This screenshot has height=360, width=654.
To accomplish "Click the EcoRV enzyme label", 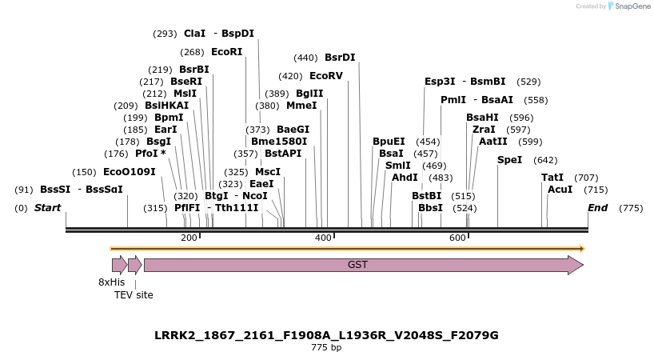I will [x=325, y=76].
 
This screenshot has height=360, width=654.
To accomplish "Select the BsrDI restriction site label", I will [x=340, y=58].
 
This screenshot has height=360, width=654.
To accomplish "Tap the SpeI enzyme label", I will [x=509, y=160].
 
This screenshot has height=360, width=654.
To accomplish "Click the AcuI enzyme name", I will [x=560, y=190].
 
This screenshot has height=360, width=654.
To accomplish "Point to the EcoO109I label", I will [x=130, y=172].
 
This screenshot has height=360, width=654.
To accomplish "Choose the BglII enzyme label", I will [x=309, y=94].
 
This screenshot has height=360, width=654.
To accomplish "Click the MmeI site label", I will [x=301, y=106].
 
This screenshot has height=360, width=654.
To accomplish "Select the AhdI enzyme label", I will [x=405, y=178].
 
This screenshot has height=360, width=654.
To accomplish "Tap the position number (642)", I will [x=545, y=160].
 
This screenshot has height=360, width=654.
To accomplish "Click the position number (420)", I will [x=290, y=76].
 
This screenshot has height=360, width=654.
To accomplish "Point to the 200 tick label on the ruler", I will [x=189, y=238].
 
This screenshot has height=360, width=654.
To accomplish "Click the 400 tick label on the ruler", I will [x=323, y=238].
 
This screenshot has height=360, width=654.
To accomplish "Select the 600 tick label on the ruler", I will [x=457, y=238].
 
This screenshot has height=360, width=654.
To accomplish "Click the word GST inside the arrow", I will [x=357, y=265].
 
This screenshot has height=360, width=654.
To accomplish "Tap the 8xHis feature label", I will [x=112, y=282].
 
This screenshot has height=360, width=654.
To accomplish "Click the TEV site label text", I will [x=134, y=295].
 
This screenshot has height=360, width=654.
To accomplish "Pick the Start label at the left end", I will [x=47, y=208].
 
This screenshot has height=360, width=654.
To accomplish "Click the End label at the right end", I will [x=597, y=208].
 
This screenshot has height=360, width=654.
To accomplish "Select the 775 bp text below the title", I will [x=326, y=348].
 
